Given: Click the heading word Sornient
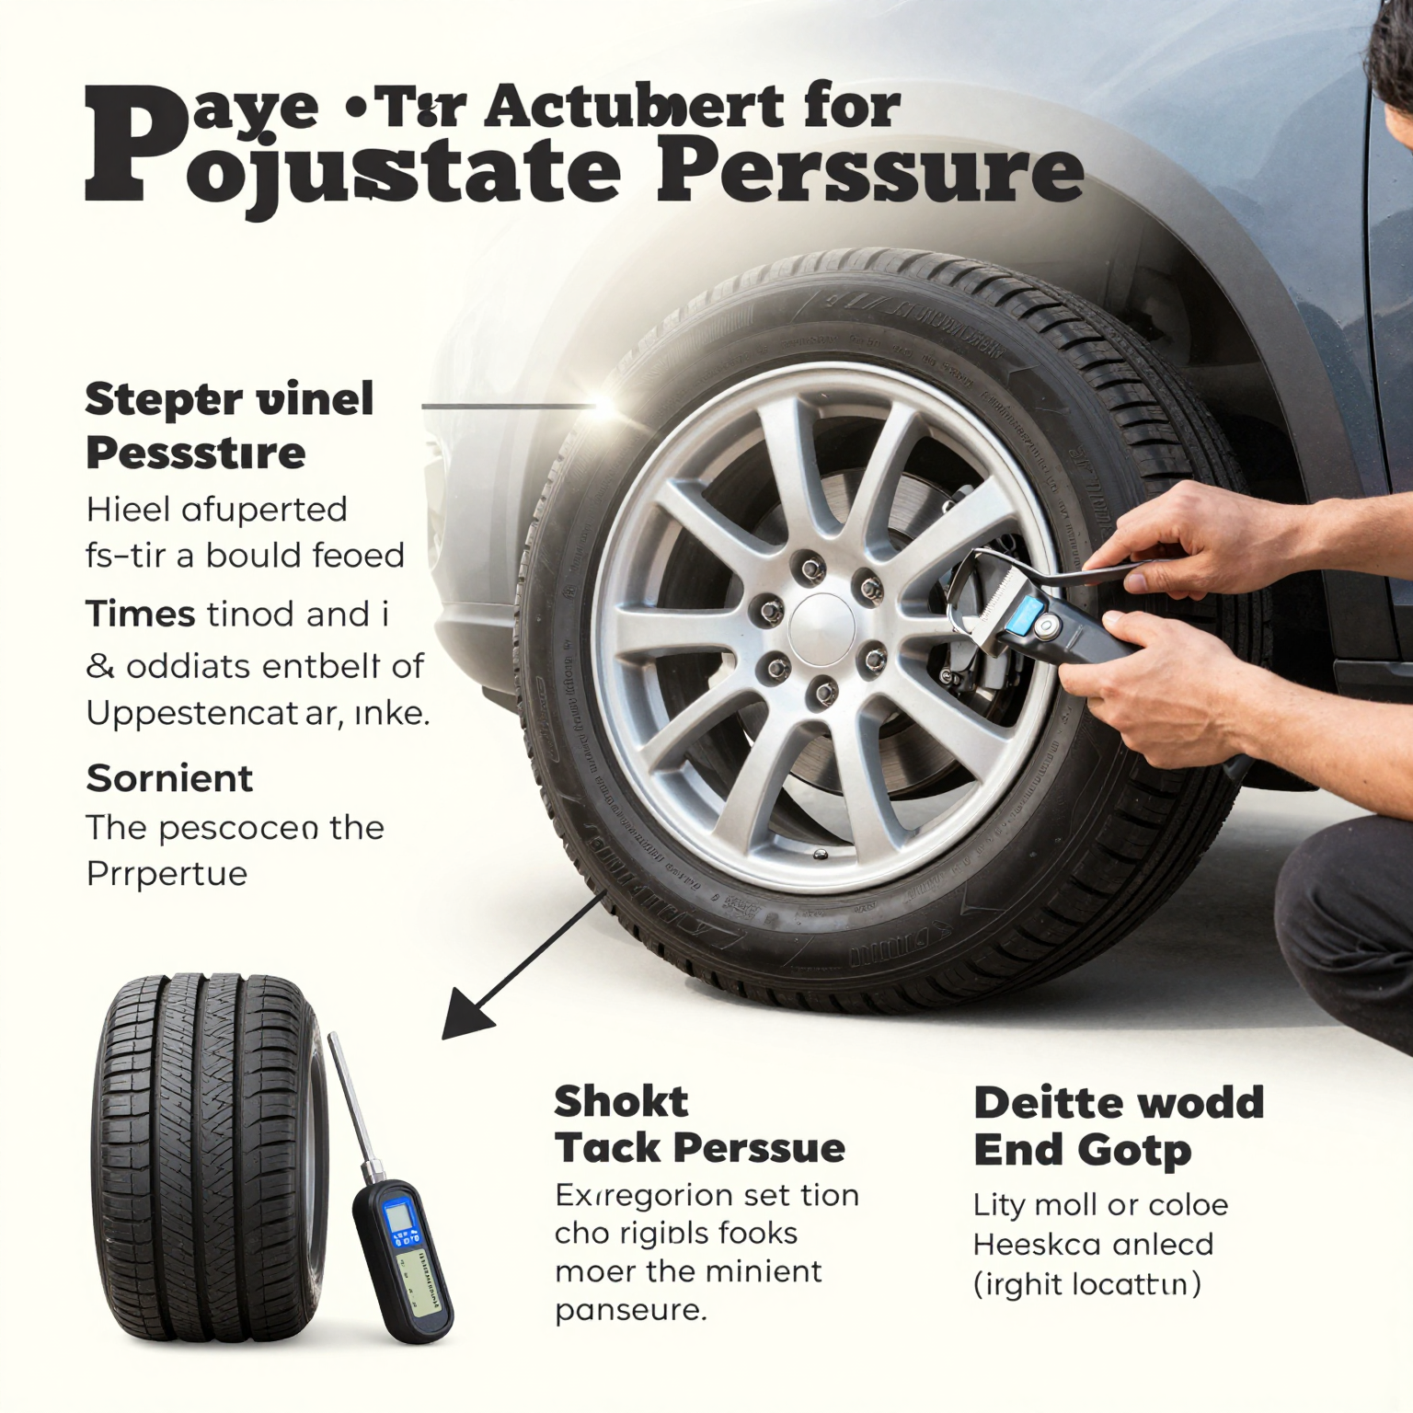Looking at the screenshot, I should coord(169,778).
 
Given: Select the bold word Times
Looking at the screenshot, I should coord(140,614).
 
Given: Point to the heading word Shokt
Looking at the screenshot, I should coord(621,1101).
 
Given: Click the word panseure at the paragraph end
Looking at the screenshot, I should coord(630,1310).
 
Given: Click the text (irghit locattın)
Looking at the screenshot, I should coord(1086,1283).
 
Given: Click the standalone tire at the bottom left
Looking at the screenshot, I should coord(207,1159).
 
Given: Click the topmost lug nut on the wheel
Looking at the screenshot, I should coord(811,569).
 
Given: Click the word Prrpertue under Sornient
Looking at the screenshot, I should coord(167,873).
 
